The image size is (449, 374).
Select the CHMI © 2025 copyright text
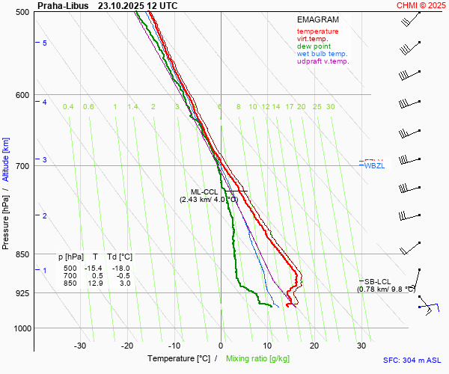[422, 5]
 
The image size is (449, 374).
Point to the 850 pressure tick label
[21, 254]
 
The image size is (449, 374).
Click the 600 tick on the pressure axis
[21, 95]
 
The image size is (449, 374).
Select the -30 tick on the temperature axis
[80, 346]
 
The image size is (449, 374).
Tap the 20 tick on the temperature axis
[314, 346]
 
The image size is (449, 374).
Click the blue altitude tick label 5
[45, 43]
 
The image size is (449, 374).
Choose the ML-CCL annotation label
[204, 192]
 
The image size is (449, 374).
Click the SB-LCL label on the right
[376, 281]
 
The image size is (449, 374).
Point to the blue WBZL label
[374, 165]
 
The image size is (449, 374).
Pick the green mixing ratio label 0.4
[68, 107]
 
